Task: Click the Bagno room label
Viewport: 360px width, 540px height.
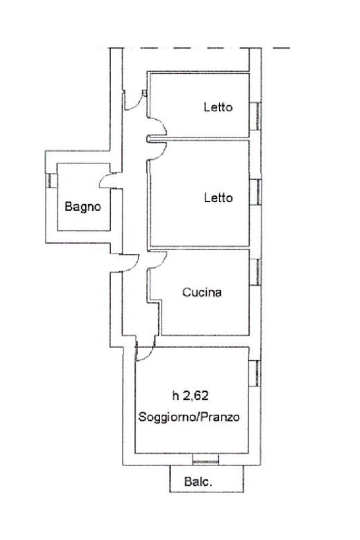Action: point(83,207)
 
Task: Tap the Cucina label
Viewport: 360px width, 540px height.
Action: point(202,292)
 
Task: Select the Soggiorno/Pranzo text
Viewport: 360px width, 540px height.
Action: point(189,417)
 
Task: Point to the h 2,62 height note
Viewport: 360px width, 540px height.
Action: point(190,396)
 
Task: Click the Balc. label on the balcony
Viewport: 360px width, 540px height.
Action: point(198,481)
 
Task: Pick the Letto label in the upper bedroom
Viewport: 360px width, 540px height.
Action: point(218,107)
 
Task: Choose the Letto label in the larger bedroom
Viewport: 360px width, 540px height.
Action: point(218,198)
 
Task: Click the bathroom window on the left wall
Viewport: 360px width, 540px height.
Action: point(51,181)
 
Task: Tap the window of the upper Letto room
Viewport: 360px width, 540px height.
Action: point(255,116)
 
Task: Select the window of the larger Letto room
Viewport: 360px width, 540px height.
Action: point(255,192)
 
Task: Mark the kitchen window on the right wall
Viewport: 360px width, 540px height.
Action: point(255,272)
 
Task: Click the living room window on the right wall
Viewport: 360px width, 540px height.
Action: point(255,373)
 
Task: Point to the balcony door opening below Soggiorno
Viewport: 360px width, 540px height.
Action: point(206,459)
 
